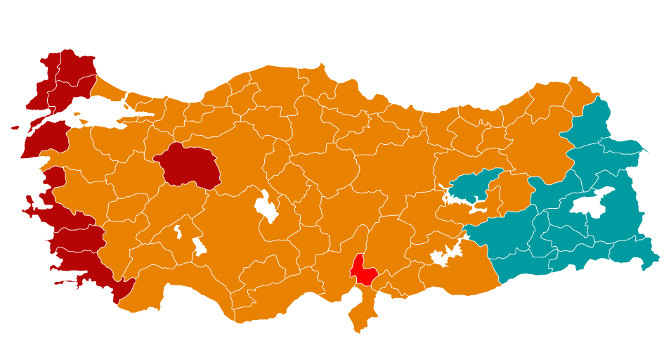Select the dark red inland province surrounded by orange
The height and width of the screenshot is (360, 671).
(x=187, y=166)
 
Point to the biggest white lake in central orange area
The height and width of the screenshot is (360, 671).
(x=267, y=207)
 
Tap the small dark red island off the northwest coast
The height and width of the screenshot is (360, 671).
(x=15, y=128)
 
